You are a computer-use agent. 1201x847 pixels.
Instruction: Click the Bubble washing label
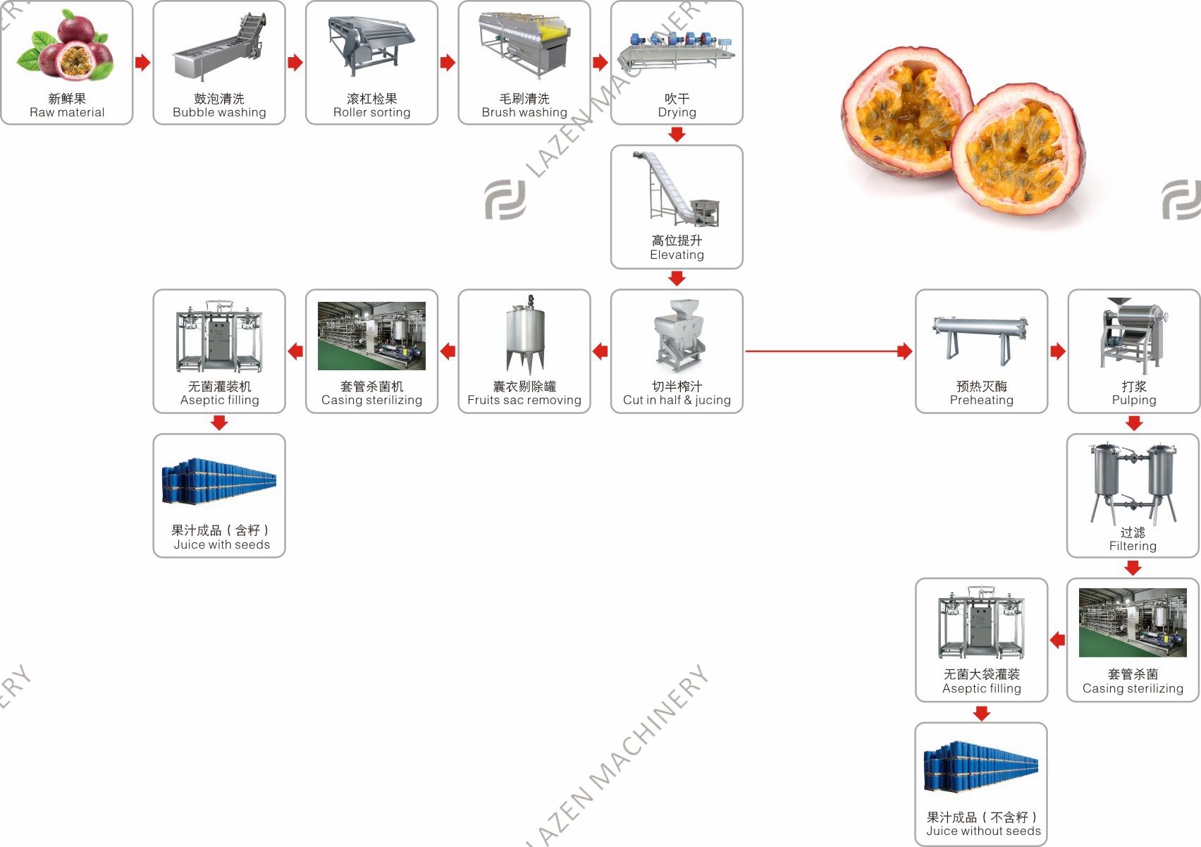219,112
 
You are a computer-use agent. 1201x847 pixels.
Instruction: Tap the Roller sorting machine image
371,47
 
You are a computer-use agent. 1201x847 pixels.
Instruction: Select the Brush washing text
524,112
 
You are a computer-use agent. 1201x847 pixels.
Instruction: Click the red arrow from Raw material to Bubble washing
142,62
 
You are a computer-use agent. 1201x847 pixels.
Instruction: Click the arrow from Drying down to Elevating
677,135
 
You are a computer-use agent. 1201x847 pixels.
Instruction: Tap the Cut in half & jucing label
677,400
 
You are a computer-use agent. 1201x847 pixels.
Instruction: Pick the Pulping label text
1134,400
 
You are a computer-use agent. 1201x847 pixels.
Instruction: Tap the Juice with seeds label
221,544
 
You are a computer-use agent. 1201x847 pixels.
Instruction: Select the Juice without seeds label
983,831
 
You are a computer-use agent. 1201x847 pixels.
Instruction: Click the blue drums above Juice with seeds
219,481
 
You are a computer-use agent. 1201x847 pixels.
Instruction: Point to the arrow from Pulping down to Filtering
1133,423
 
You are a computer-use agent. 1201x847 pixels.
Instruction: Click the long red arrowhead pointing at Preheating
905,351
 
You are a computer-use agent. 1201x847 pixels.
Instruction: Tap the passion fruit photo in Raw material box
66,45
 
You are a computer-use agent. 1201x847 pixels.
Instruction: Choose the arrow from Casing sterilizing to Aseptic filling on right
1057,640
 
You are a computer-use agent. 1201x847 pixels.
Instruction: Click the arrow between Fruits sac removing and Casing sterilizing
448,351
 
